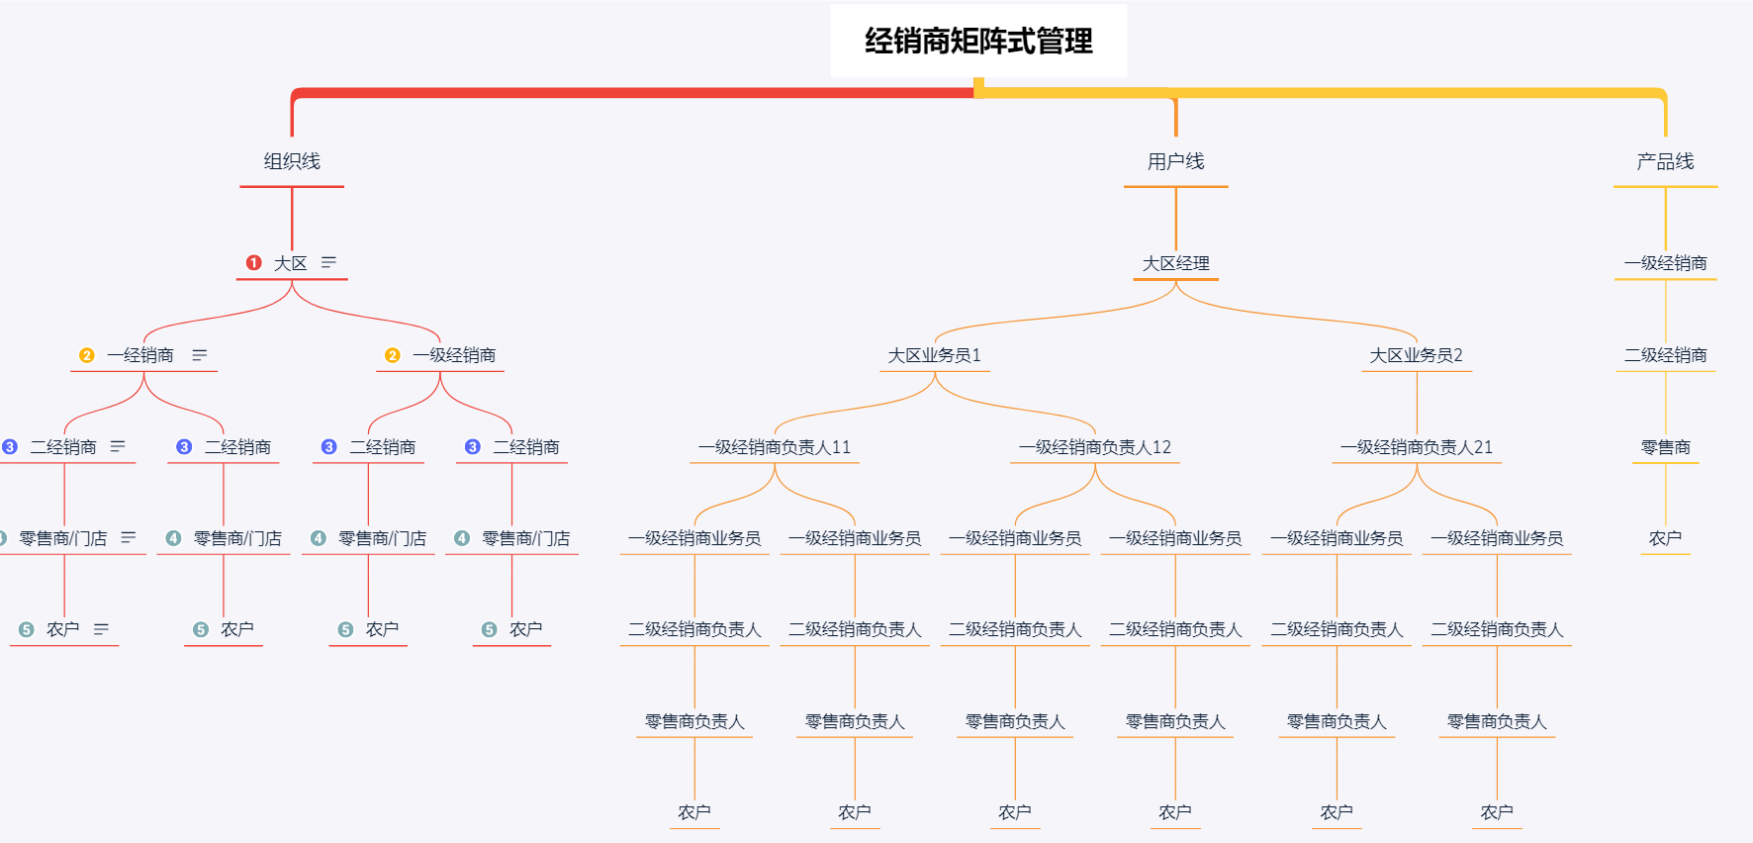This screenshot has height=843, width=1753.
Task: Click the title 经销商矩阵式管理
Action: [978, 41]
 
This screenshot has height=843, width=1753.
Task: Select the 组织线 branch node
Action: [292, 161]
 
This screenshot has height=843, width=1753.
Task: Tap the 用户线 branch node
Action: [1175, 161]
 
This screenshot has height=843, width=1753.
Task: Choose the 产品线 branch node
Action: [1665, 161]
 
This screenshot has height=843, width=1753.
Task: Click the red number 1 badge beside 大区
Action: [254, 263]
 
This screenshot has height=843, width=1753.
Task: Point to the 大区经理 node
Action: [1175, 263]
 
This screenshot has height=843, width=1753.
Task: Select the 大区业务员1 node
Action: [934, 355]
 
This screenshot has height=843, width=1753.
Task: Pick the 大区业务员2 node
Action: [1416, 355]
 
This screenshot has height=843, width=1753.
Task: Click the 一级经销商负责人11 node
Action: [774, 447]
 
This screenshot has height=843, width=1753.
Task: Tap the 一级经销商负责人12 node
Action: [1094, 447]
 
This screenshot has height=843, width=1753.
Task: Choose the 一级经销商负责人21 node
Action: [1416, 447]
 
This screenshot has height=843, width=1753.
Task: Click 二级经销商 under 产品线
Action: [1665, 355]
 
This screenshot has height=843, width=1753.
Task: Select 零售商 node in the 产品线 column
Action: [1665, 447]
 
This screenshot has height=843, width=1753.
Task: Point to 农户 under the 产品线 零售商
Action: [1665, 538]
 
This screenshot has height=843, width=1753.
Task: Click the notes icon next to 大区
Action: [328, 262]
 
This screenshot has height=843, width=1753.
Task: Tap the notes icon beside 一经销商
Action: [200, 355]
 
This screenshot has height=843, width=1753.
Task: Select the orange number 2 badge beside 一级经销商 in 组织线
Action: [393, 355]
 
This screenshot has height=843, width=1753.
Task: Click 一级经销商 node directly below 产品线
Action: [1665, 263]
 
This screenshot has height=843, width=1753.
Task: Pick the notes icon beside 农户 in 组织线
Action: [101, 629]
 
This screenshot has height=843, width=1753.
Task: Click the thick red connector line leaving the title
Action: [633, 93]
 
